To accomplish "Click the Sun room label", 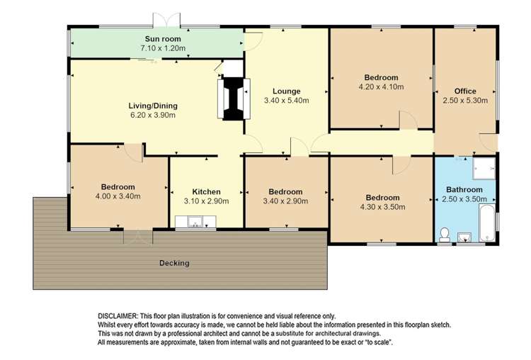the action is [163, 39].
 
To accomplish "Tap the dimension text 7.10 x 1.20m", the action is [163, 48].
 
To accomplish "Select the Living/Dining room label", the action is [153, 106].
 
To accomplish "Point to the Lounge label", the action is [287, 91].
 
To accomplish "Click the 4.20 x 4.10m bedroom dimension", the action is [382, 86].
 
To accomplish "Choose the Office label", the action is [465, 91].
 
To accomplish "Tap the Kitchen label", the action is [206, 192].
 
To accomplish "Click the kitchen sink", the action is [195, 222].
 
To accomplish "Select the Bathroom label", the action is [464, 190].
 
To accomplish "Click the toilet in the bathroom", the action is [445, 235].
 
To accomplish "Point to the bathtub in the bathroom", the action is [487, 223].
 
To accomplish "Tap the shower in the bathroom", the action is [484, 168].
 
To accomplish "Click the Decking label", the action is [174, 263].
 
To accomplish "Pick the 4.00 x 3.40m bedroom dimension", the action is [118, 196].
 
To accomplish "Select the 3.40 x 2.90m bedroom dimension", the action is [285, 201].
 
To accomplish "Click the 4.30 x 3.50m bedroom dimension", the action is [382, 207].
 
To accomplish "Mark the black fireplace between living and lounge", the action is [234, 99].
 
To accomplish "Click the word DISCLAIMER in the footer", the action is [118, 316].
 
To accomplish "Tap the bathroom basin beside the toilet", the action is [464, 237].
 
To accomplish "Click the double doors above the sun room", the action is [166, 20].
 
